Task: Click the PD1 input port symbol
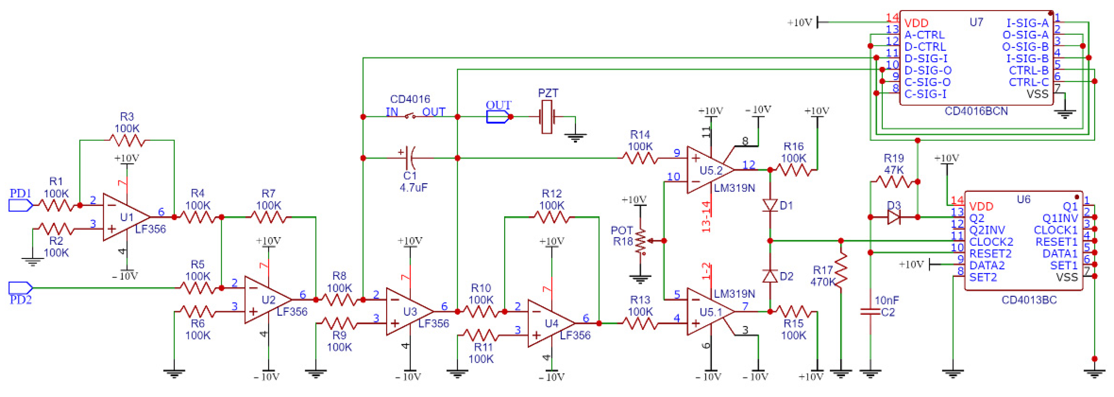(20, 205)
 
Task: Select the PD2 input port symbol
(20, 287)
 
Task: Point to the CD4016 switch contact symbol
(410, 116)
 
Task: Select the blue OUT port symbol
(497, 117)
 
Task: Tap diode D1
(770, 205)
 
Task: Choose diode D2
(770, 276)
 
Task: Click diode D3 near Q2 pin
(893, 217)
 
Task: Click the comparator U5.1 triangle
(708, 312)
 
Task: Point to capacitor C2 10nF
(870, 311)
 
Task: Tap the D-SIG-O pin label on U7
(928, 70)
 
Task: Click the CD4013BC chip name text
(1029, 300)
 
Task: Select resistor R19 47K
(893, 181)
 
